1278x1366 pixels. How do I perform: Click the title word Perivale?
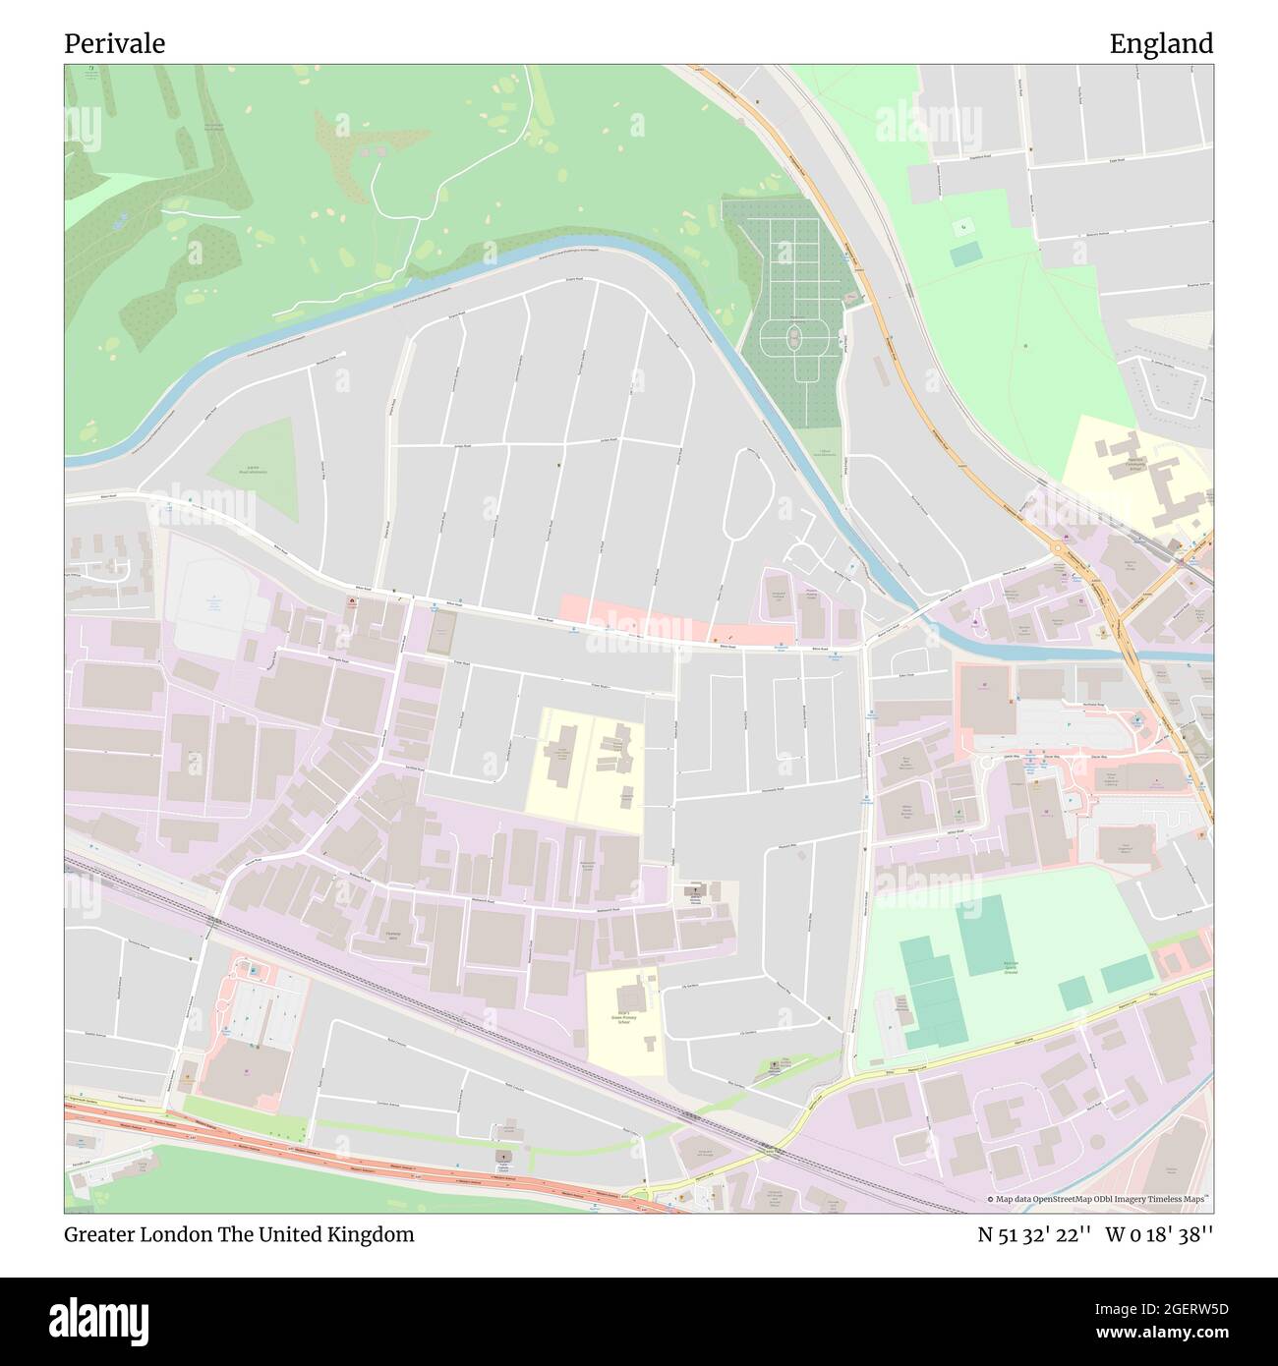tap(114, 43)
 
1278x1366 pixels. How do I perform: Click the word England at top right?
tap(1161, 43)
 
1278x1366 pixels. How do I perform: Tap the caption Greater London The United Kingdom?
tap(239, 1234)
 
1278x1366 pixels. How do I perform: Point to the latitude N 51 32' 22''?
tap(1031, 1234)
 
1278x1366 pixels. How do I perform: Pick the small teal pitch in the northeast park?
tap(965, 255)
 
